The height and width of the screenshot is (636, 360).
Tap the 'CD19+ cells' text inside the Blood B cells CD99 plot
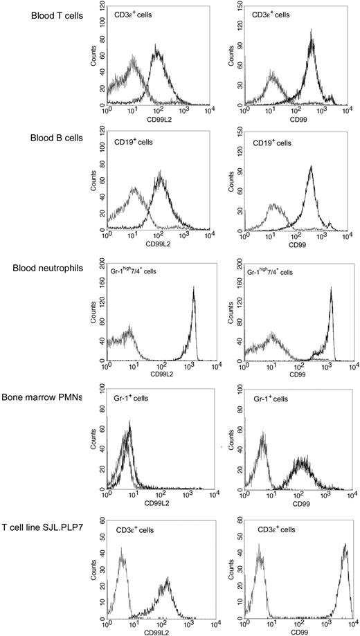(x=271, y=142)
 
